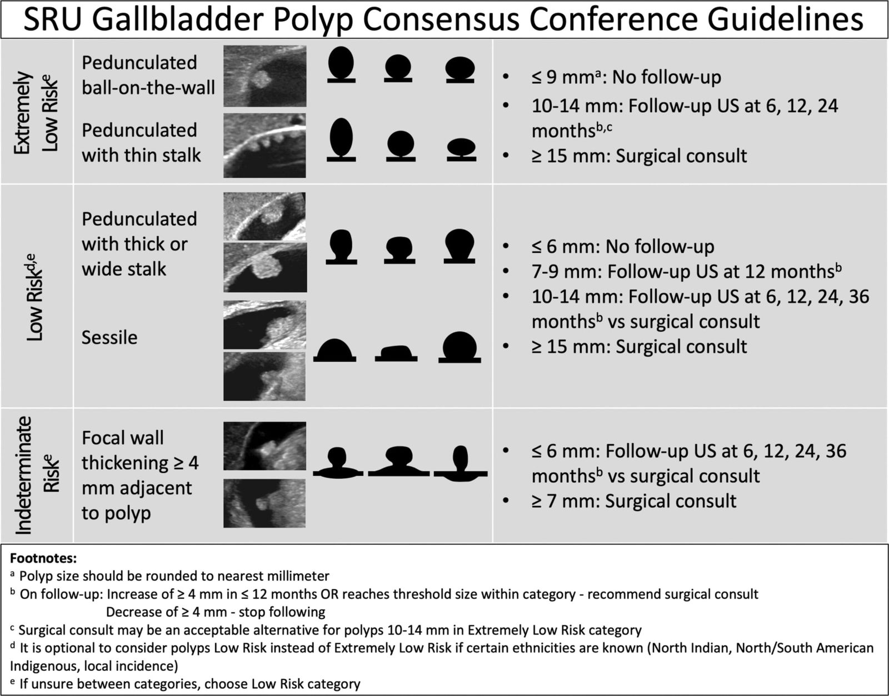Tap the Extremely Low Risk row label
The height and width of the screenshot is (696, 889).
pos(37,112)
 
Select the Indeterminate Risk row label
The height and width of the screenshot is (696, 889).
pos(37,475)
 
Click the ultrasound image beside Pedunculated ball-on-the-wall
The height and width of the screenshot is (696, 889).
pos(264,76)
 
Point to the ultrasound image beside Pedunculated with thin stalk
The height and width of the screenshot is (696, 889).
pos(264,146)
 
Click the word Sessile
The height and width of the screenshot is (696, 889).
pos(109,338)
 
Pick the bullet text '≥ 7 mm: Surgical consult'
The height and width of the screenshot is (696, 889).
pos(634,502)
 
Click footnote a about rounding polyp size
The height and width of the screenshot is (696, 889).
pos(170,576)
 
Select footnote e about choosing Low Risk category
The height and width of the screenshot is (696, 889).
pos(186,684)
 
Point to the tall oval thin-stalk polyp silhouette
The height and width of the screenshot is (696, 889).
pos(341,139)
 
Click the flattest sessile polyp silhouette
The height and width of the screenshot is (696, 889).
pos(396,353)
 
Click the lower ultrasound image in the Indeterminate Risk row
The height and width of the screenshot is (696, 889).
pos(264,503)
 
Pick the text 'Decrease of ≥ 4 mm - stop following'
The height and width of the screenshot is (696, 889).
pos(216,612)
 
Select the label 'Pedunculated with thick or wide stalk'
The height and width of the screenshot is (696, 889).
pos(139,244)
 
